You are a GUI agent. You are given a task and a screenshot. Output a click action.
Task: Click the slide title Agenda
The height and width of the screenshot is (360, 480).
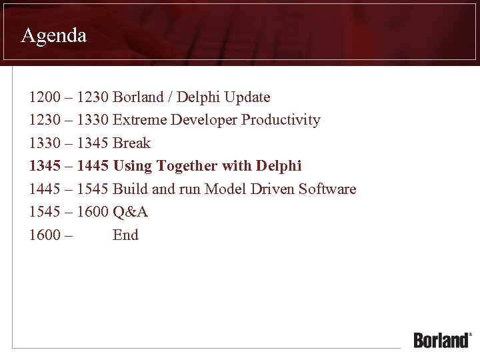[53, 35]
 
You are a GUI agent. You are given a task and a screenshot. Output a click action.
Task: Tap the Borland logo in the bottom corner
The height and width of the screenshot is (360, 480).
[442, 340]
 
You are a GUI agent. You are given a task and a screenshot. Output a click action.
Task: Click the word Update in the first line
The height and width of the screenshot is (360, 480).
[247, 97]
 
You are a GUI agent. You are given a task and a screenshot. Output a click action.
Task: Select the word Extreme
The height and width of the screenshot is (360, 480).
[140, 120]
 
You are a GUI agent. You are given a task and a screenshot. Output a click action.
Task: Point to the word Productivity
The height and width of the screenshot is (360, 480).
[281, 120]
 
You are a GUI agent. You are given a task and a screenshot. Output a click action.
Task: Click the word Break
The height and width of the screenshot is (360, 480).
[132, 143]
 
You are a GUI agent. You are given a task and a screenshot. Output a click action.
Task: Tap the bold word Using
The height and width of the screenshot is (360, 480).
[133, 166]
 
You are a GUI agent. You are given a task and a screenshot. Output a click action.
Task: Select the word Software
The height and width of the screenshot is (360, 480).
[327, 189]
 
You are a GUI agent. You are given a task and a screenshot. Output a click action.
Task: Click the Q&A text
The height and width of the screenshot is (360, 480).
[131, 212]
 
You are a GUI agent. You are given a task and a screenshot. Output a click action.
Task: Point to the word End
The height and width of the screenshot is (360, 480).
[126, 235]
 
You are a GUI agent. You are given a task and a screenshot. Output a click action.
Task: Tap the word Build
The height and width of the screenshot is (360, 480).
[131, 189]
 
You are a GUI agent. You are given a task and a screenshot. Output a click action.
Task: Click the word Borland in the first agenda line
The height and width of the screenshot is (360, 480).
[138, 97]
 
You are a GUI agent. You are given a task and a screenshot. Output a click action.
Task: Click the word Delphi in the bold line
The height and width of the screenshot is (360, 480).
[279, 166]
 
